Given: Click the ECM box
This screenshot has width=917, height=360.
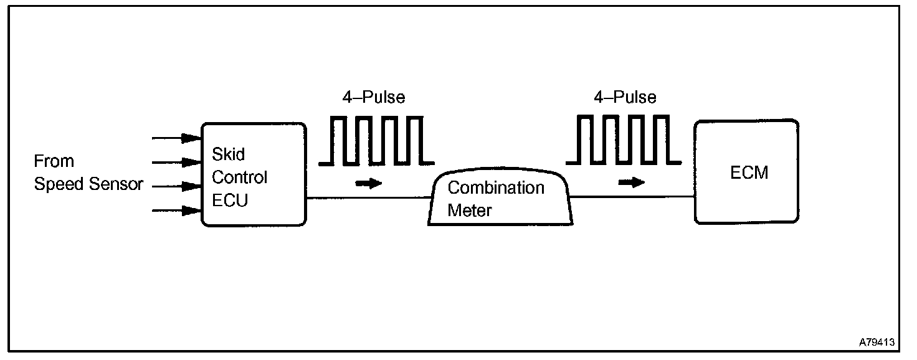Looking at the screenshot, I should [746, 172].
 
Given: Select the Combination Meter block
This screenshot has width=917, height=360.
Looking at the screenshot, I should [500, 199].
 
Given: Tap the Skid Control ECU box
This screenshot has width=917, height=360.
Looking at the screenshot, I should [254, 174].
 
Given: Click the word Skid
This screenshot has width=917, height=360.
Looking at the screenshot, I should [228, 154].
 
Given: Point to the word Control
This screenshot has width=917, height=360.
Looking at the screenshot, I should [240, 178].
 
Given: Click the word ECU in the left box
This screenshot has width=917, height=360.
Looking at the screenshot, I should [230, 201].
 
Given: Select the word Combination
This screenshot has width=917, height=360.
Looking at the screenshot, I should [496, 187].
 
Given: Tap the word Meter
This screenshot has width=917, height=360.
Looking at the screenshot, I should [470, 211].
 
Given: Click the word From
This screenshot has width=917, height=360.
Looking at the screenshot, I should [54, 161].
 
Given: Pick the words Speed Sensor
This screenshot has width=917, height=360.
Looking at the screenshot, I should [88, 184].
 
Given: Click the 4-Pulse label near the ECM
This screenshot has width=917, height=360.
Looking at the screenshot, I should [625, 97].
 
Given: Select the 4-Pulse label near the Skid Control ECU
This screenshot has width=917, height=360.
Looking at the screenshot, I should [374, 97].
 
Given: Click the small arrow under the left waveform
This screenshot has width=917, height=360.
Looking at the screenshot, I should [368, 184].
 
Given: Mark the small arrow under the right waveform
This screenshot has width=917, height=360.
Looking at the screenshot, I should [632, 182].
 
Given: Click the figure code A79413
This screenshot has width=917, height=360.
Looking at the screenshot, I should [877, 342].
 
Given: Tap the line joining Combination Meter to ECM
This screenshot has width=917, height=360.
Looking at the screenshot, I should [632, 197].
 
